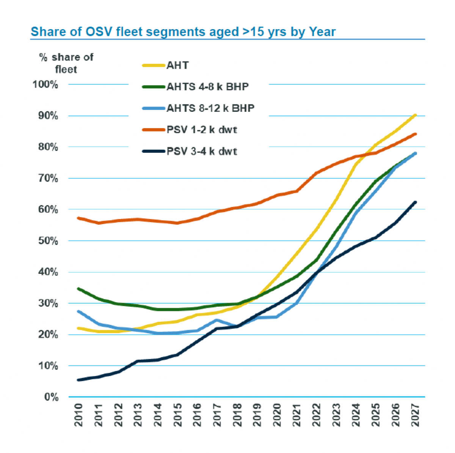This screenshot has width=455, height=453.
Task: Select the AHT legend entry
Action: [x=177, y=66]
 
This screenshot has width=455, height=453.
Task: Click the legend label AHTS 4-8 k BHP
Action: [x=207, y=87]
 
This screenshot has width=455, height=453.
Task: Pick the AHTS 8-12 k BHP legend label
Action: [x=210, y=108]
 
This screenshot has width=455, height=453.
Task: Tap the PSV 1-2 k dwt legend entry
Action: [x=202, y=130]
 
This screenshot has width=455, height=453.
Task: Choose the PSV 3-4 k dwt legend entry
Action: [x=202, y=152]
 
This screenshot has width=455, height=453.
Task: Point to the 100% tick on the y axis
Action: [x=46, y=84]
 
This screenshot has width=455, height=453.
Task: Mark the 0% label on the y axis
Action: [x=51, y=397]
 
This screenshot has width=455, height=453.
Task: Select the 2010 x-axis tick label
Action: [x=78, y=415]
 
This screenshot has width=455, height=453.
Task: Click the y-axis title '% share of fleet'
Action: [x=66, y=63]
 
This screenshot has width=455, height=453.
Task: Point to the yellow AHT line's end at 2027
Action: [x=415, y=115]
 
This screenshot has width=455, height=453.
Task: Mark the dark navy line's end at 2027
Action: [x=415, y=202]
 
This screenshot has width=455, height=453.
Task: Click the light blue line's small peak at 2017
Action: [x=217, y=320]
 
